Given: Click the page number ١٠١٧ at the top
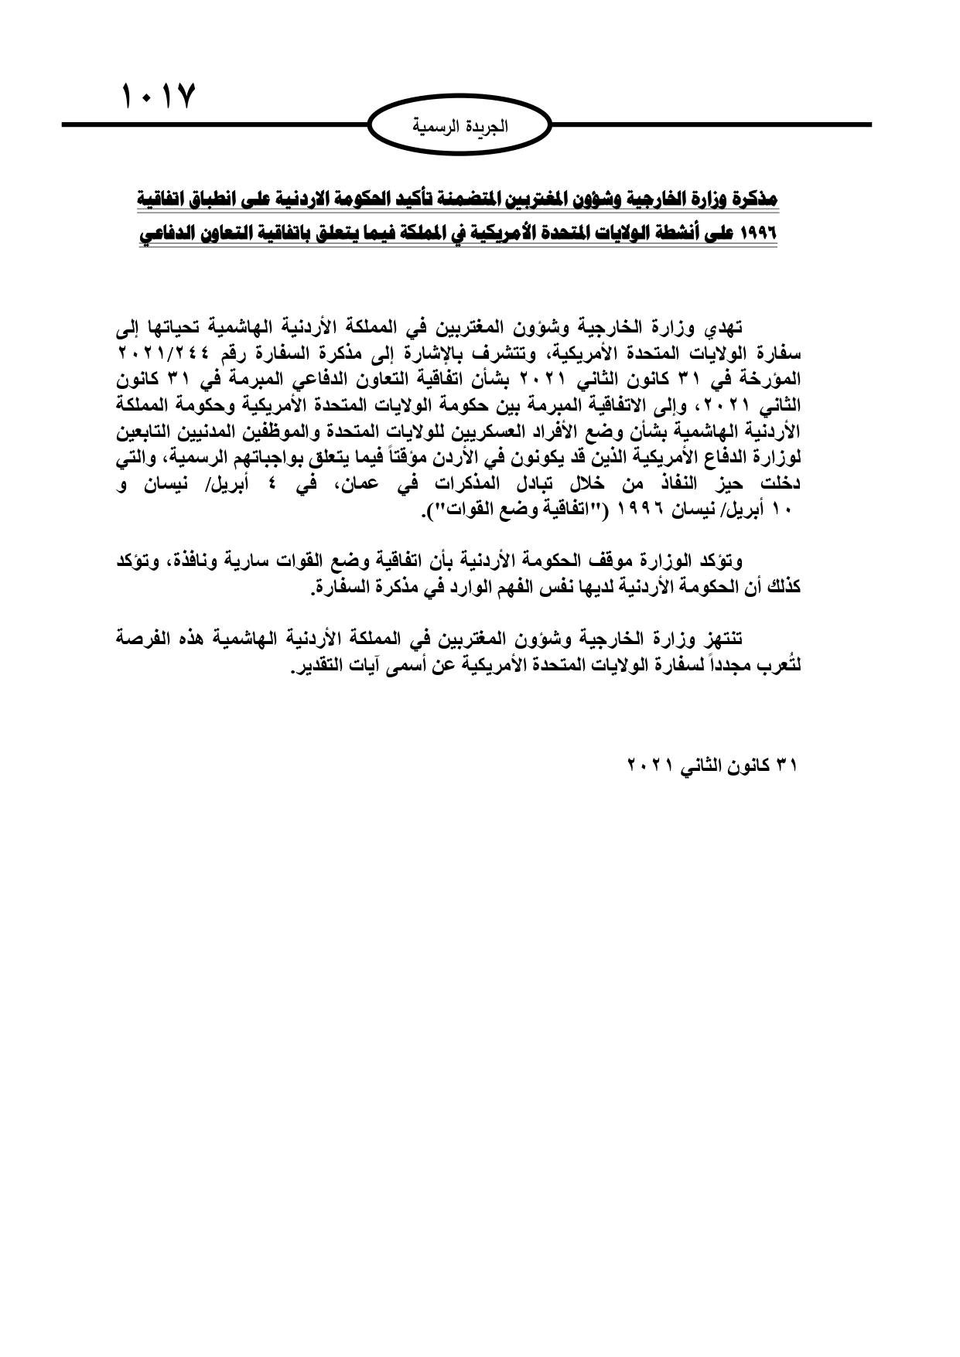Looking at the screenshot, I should pyautogui.click(x=159, y=98).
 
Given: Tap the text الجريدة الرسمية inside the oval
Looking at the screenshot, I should pyautogui.click(x=460, y=125).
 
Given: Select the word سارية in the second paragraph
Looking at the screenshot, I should pyautogui.click(x=278, y=561).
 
